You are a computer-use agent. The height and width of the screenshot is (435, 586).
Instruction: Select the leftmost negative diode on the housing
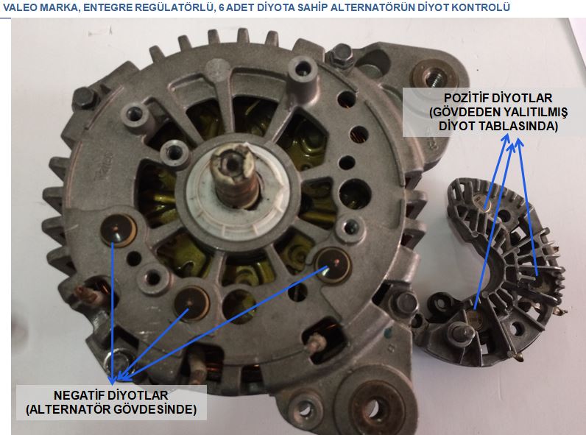119,230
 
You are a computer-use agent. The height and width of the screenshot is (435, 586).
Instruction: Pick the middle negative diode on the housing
191,303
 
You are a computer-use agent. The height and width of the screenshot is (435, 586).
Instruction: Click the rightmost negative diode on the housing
333,265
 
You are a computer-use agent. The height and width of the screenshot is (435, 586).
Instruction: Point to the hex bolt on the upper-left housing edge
85,99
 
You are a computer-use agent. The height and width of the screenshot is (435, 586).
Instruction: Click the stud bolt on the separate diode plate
461,332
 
